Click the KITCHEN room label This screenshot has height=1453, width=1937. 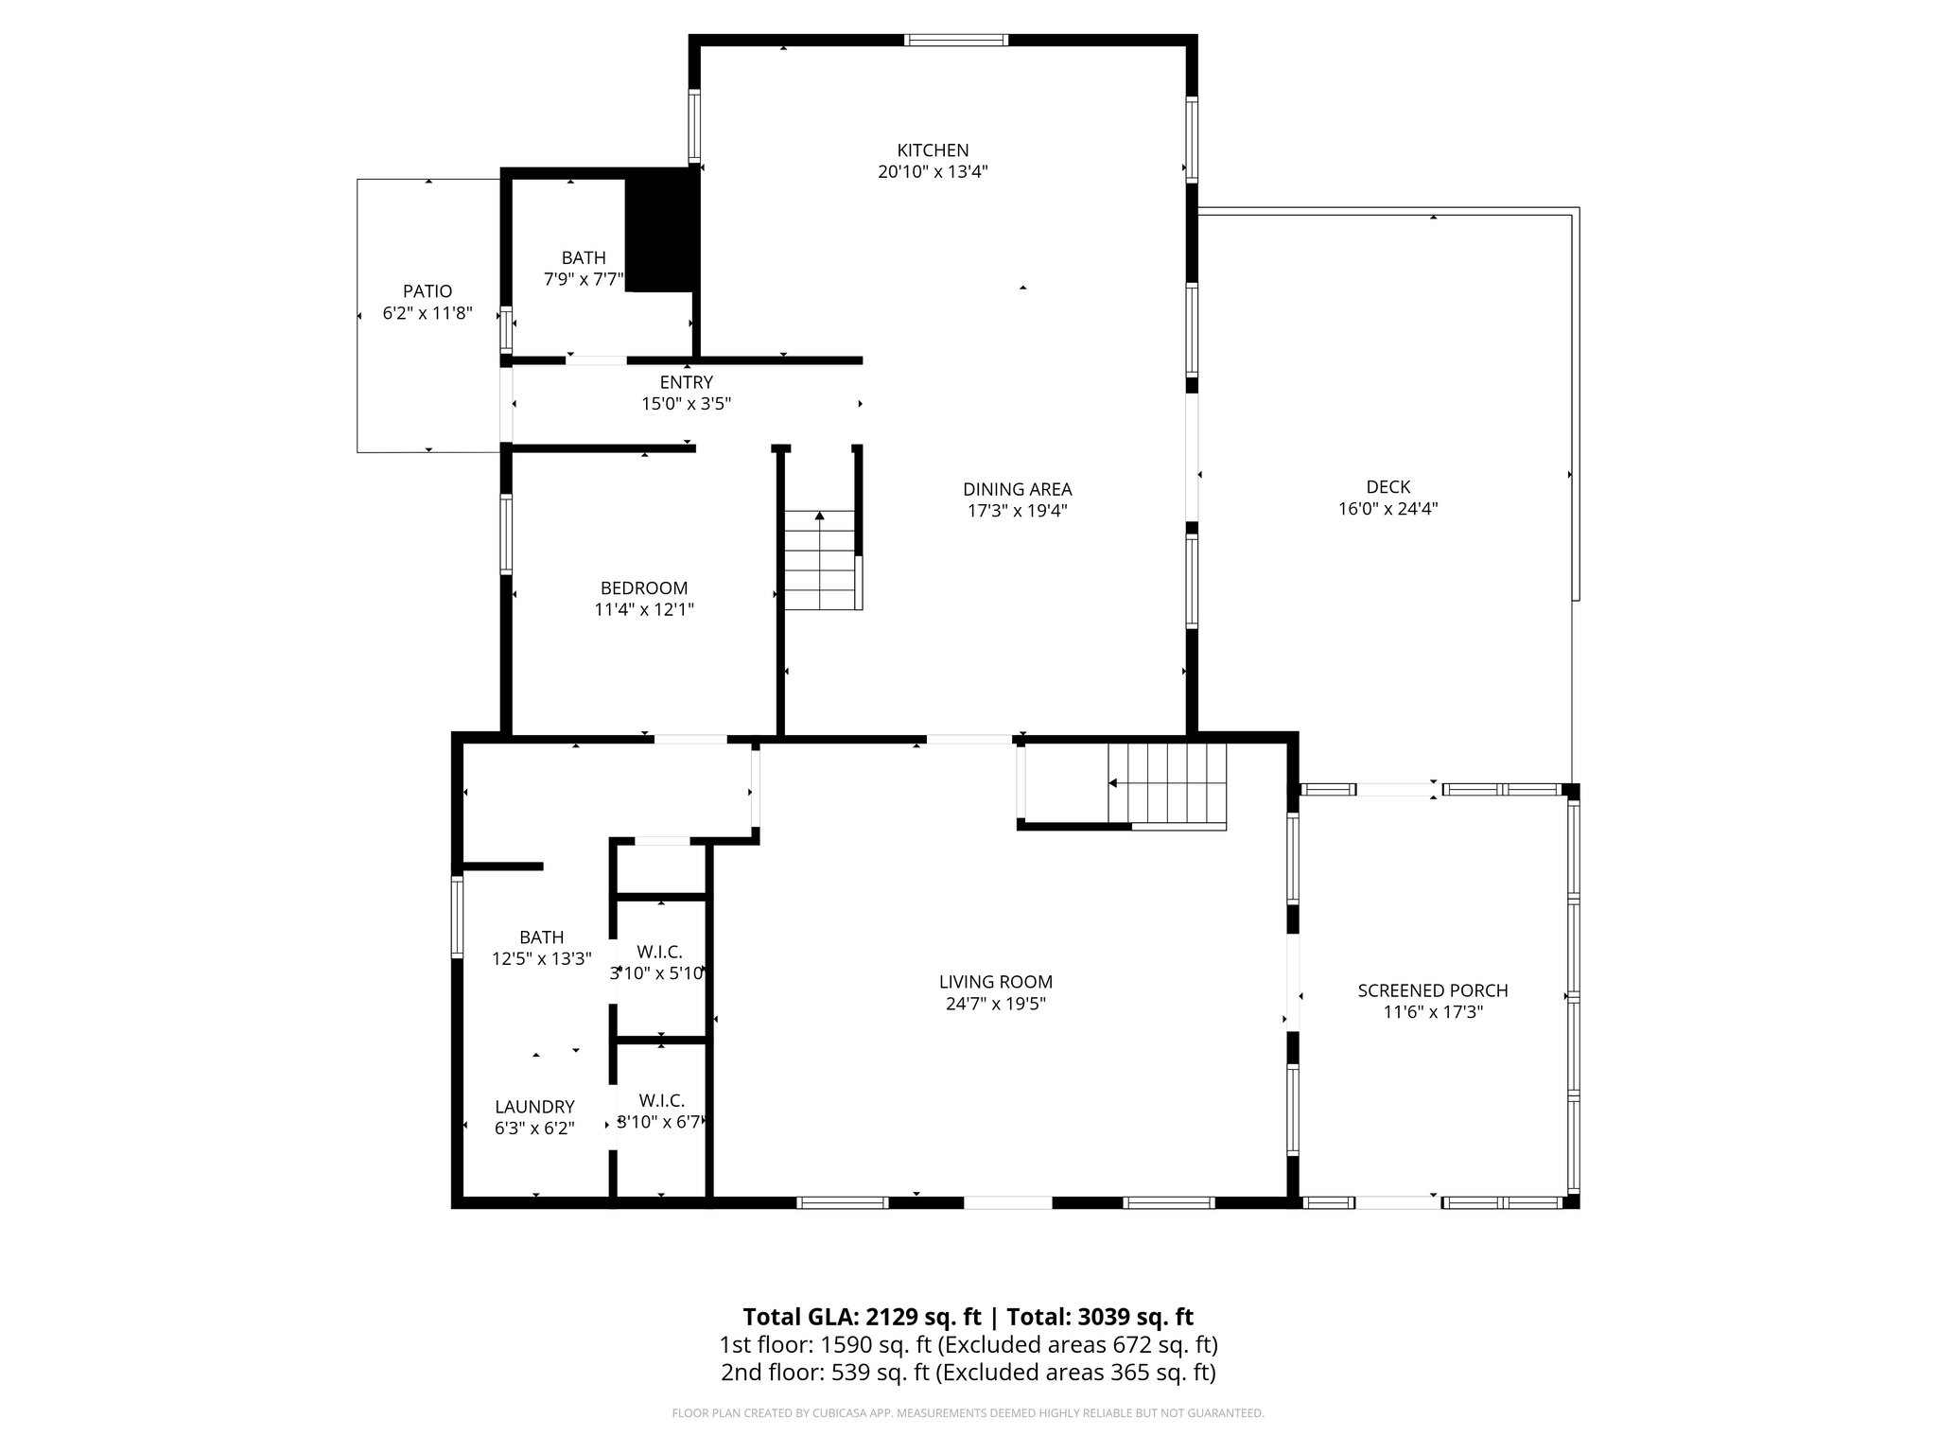click(x=933, y=150)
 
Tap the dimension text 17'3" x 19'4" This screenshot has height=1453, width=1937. click(x=1017, y=511)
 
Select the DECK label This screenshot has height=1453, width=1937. click(x=1387, y=487)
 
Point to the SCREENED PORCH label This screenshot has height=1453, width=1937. click(x=1432, y=990)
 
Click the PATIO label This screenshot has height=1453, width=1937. click(x=428, y=291)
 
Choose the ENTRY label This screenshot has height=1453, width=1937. click(x=686, y=382)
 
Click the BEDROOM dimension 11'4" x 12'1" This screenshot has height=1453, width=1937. click(x=643, y=610)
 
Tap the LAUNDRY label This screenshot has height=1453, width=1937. click(x=534, y=1107)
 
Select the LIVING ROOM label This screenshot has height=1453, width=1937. click(x=995, y=982)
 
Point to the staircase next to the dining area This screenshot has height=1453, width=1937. click(x=821, y=563)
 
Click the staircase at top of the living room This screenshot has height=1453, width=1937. click(x=1169, y=784)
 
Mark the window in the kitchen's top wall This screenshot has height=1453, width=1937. click(x=955, y=40)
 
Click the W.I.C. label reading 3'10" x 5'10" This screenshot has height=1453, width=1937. click(x=658, y=972)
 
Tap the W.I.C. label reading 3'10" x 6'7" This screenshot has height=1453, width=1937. click(x=661, y=1123)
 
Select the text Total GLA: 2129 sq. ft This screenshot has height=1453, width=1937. click(x=862, y=1317)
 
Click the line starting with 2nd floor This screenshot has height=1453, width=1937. click(x=968, y=1373)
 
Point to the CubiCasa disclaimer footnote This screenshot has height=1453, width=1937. click(x=968, y=1413)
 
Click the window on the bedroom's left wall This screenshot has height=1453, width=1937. click(x=506, y=534)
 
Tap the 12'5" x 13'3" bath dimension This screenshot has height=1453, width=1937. click(x=541, y=958)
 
